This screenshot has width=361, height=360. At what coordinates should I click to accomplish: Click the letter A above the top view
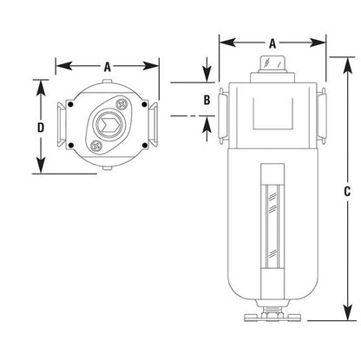coord(108,68)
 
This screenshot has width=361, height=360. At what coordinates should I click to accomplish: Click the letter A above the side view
coord(272,44)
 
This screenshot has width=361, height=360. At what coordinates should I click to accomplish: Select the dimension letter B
coord(207,100)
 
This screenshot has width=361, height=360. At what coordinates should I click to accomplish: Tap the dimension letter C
coord(347,192)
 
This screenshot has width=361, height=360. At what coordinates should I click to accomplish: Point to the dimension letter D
coord(41,128)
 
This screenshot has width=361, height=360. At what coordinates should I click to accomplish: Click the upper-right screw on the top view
coord(121,104)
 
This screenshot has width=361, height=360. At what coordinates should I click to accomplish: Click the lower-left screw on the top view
coord(96,146)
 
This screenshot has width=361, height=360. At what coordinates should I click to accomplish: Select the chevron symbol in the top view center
coord(108,125)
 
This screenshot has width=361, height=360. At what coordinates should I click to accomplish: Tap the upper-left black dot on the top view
coord(70,104)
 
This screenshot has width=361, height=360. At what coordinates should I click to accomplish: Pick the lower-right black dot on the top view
coord(144,145)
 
